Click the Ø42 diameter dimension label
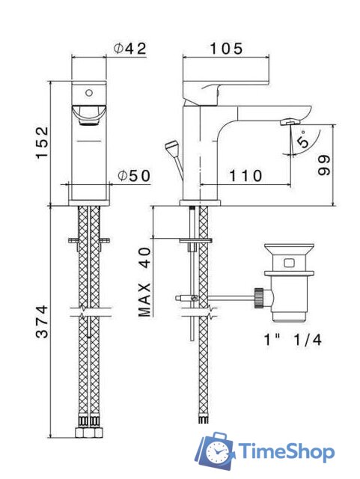click(x=130, y=49)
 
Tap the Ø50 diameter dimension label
click(x=135, y=176)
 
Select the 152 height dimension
click(x=43, y=142)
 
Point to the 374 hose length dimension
click(x=43, y=321)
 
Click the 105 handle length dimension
click(x=226, y=49)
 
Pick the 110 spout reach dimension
click(x=245, y=176)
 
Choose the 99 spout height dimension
click(x=324, y=165)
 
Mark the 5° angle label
click(x=303, y=140)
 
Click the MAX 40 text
click(x=144, y=282)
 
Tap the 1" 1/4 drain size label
click(x=293, y=340)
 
